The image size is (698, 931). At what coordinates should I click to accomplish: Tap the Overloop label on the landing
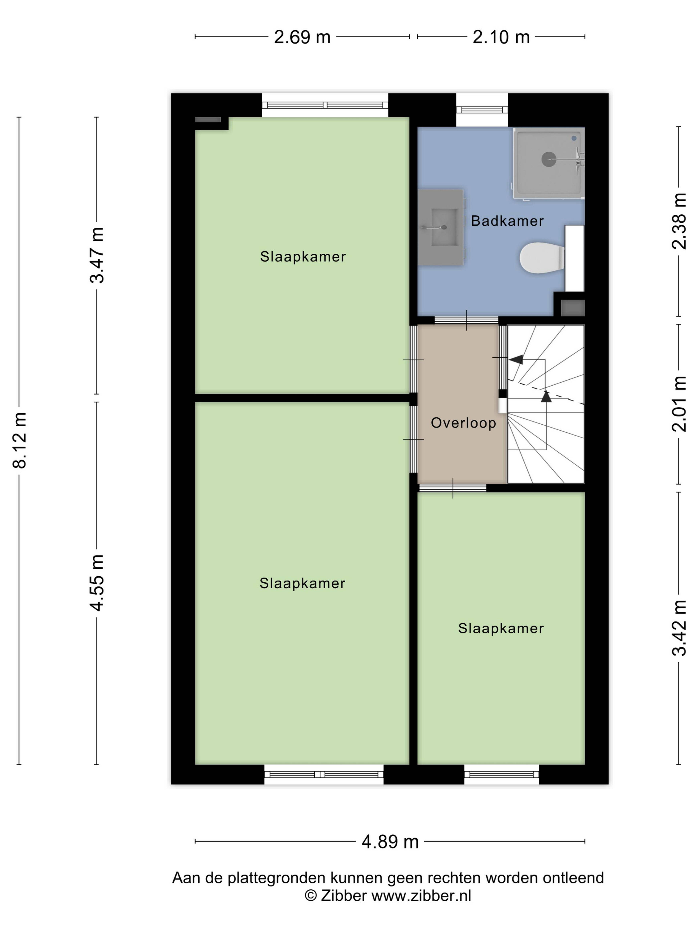point(463,423)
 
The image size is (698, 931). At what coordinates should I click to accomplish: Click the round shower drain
point(549,159)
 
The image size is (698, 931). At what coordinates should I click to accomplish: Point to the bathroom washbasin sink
point(440,227)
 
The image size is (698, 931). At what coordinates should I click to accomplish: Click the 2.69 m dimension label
point(302,37)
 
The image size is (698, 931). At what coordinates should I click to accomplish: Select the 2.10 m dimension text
point(501,37)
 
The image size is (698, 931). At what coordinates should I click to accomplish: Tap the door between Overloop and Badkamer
point(466,320)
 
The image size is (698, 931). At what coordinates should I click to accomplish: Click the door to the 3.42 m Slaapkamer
point(453,488)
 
